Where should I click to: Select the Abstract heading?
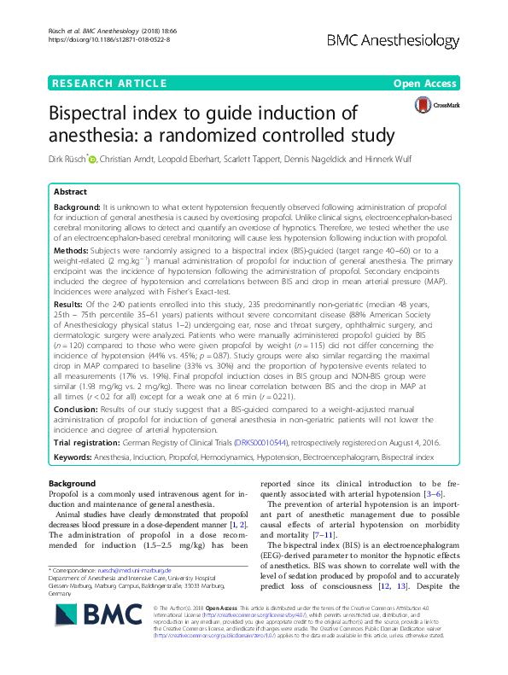pyautogui.click(x=70, y=193)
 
